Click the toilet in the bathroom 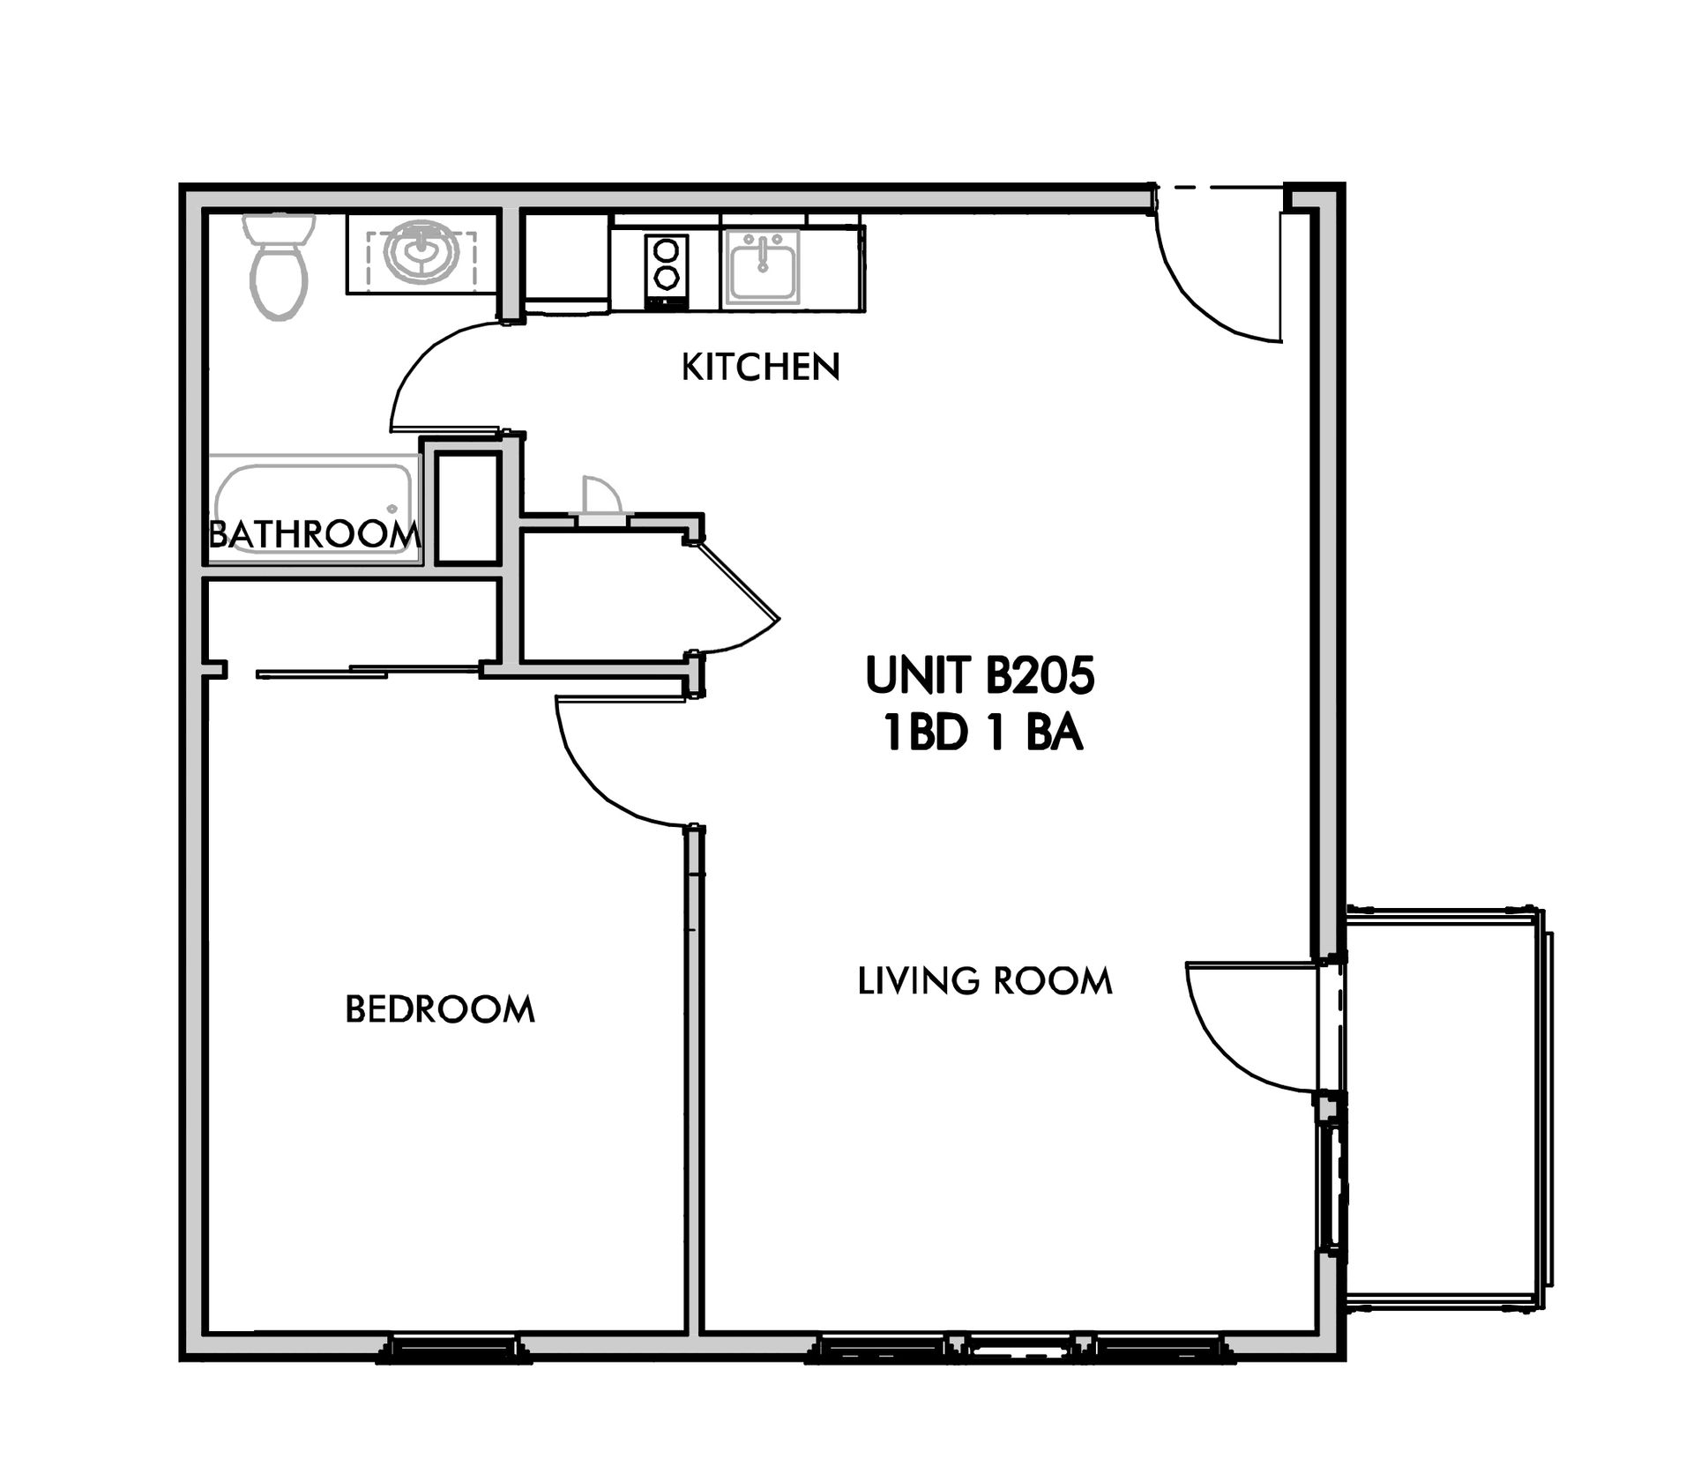[279, 265]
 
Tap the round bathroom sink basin [421, 251]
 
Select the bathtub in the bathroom [315, 509]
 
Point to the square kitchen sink [761, 267]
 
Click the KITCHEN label [760, 368]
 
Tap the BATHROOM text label [314, 534]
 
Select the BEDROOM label [440, 1009]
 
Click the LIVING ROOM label [985, 981]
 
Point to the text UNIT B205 [980, 675]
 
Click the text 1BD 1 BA [982, 734]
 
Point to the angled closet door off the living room [737, 582]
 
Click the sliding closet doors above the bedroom [369, 672]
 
